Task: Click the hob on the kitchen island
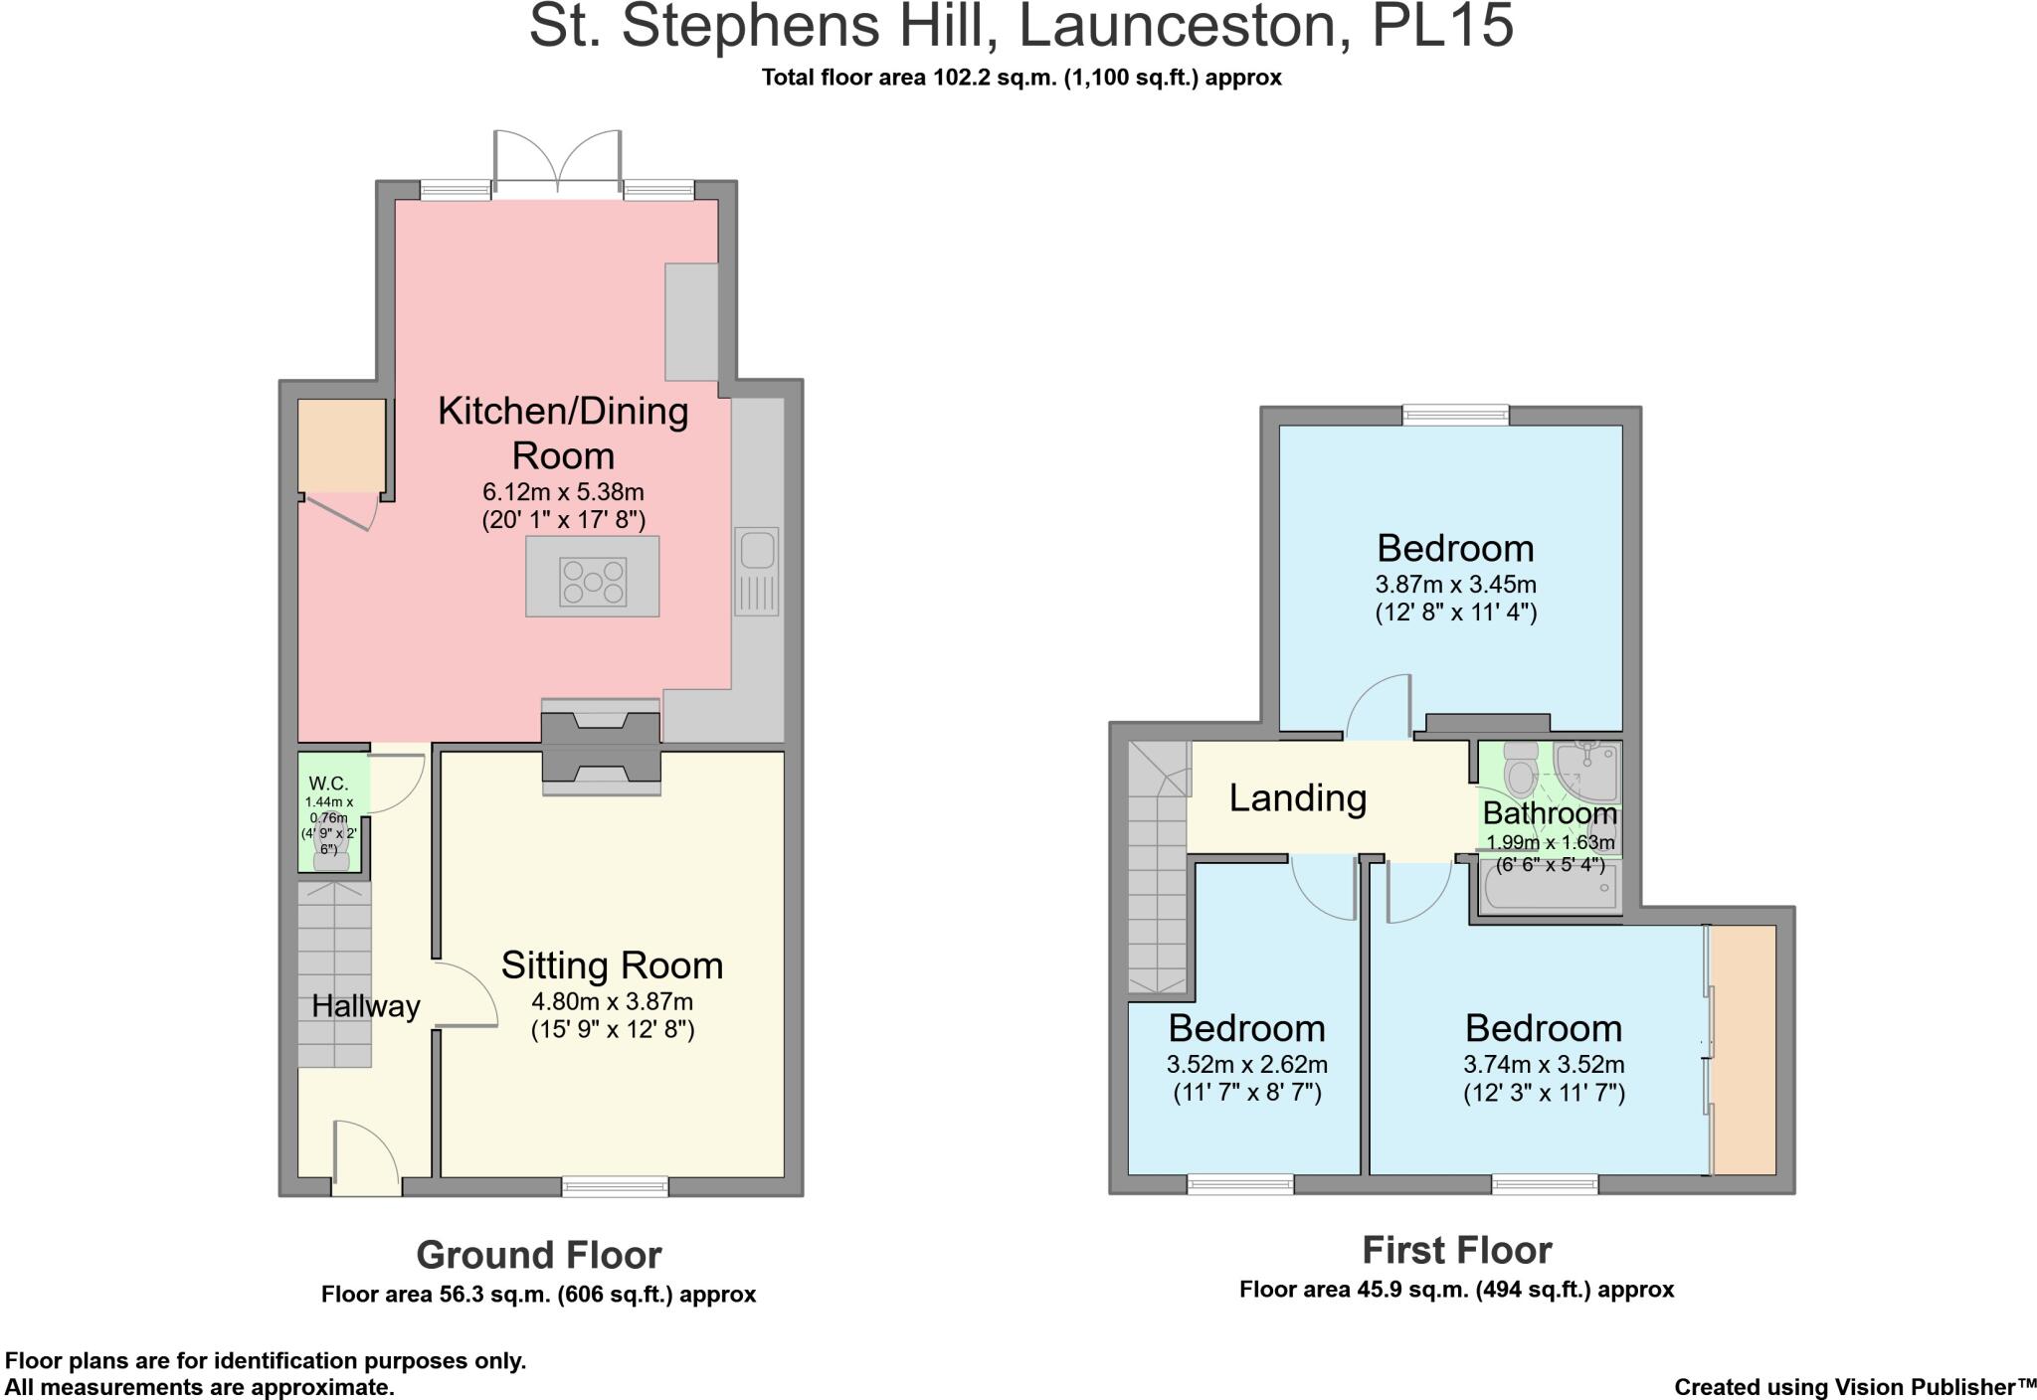coord(593,582)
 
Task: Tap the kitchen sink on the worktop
coord(757,572)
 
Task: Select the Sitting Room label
coord(612,965)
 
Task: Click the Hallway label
coord(366,1006)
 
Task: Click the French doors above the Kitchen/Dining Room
coord(558,158)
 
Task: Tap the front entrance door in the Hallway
coord(366,1157)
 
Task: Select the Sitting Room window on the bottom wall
coord(615,1186)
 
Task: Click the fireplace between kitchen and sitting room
coord(601,747)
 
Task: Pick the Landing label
coord(1298,797)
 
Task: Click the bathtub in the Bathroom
coord(1548,888)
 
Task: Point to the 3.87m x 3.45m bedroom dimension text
coord(1456,585)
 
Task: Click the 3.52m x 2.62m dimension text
coord(1247,1065)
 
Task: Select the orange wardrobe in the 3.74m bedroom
coord(1743,1050)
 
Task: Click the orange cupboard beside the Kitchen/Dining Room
coord(341,445)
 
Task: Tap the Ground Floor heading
coord(539,1255)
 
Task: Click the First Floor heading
coord(1457,1250)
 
